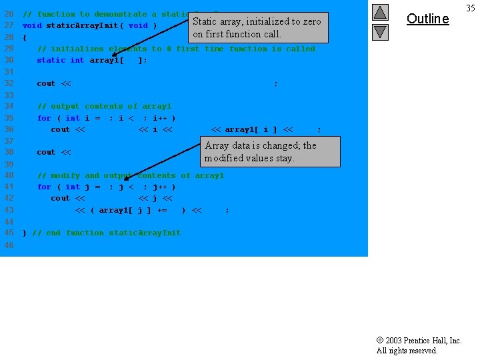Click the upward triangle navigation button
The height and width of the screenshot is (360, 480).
click(379, 12)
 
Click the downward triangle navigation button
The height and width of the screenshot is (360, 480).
click(379, 31)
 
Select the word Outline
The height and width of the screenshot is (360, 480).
click(427, 19)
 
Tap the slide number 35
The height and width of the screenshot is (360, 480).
click(470, 8)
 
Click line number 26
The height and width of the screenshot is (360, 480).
click(9, 14)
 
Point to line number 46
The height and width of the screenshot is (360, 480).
click(9, 245)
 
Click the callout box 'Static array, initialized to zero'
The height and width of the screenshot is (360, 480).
click(257, 27)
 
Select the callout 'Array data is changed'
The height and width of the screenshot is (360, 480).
click(270, 151)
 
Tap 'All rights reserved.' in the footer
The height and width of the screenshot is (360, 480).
click(407, 351)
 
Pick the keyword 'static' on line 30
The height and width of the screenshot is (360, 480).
click(51, 60)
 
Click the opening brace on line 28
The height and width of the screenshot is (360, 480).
click(25, 37)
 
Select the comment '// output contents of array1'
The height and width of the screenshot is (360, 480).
click(104, 106)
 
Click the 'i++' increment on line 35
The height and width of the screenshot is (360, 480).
click(159, 118)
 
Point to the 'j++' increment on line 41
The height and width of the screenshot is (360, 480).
click(159, 187)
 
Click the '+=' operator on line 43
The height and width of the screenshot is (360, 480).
click(162, 210)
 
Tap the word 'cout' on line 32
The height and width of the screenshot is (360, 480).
click(46, 83)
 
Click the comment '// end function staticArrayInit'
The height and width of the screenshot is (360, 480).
click(106, 233)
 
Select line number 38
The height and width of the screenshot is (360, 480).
click(9, 152)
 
